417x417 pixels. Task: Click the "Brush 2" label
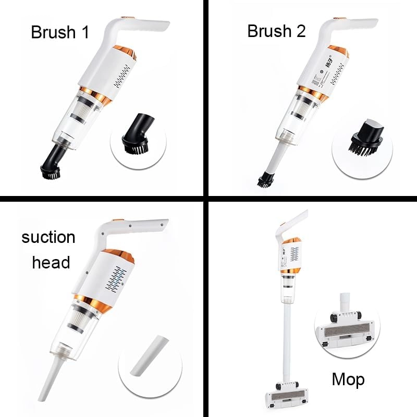coord(276,31)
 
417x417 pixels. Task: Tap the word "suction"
coord(48,238)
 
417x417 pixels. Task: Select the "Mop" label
coord(348,379)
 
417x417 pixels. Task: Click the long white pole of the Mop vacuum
coord(287,334)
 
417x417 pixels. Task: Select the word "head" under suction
coord(51,262)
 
